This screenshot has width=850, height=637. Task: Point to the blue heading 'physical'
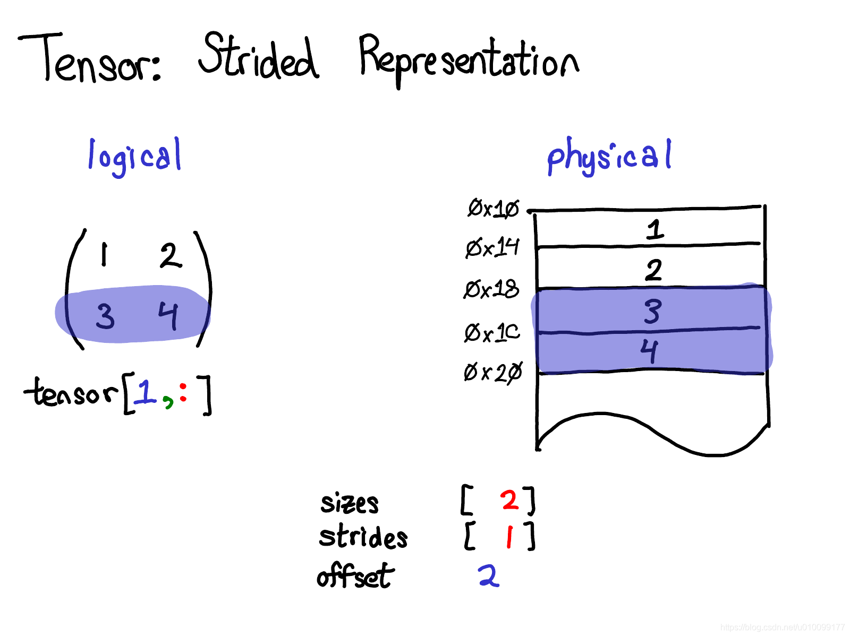pyautogui.click(x=609, y=156)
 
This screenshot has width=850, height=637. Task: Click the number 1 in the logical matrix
pyautogui.click(x=104, y=254)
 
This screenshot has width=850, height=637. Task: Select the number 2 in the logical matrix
pyautogui.click(x=171, y=255)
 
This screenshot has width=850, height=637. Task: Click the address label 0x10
pyautogui.click(x=493, y=208)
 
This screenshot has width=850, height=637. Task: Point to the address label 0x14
pyautogui.click(x=492, y=247)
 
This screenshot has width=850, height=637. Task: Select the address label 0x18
pyautogui.click(x=491, y=290)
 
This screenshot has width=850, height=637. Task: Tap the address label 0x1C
pyautogui.click(x=492, y=333)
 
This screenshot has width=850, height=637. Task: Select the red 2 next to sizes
pyautogui.click(x=509, y=500)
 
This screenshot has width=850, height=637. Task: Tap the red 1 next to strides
pyautogui.click(x=509, y=537)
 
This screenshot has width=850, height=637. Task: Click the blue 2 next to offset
pyautogui.click(x=489, y=575)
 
